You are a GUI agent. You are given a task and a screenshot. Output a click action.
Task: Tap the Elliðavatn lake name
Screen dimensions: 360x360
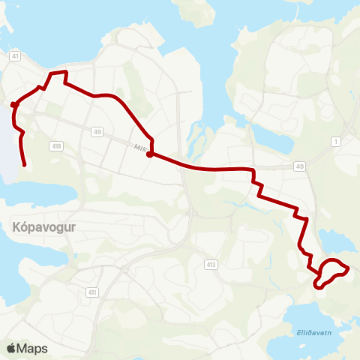tap(307, 329)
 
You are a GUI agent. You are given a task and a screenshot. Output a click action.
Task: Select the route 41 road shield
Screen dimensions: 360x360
tap(15, 55)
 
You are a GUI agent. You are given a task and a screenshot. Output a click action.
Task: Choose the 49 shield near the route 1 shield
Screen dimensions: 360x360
tap(301, 166)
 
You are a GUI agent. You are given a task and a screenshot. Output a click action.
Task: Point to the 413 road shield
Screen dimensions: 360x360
tap(212, 264)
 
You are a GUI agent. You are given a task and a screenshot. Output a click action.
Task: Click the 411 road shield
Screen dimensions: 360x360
tap(92, 292)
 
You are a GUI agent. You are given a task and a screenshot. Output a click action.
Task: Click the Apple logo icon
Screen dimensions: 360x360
tap(10, 348)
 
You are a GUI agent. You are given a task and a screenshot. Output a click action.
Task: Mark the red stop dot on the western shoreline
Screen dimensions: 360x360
tap(13, 105)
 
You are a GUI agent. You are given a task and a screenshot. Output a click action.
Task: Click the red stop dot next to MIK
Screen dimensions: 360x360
tap(150, 154)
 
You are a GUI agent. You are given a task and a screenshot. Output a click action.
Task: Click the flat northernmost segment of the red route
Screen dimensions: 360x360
tap(58, 72)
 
